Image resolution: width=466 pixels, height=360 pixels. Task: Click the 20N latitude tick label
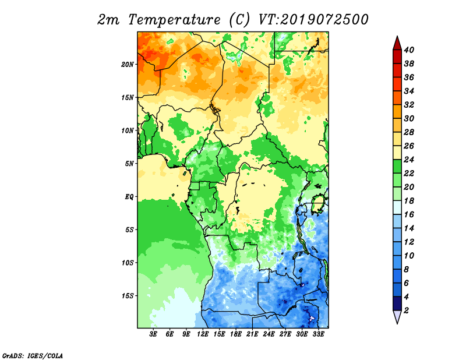pos(128,65)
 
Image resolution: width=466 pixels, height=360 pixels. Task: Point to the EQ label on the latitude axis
pos(129,197)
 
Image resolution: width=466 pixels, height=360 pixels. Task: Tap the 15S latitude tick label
pos(128,296)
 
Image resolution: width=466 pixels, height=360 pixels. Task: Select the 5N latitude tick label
pos(129,164)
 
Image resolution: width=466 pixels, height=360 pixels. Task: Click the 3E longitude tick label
pos(153,334)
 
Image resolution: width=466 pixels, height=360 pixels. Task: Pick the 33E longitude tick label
pos(318,334)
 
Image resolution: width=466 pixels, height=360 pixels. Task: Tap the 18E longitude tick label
pos(236,334)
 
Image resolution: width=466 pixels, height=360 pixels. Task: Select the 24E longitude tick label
pos(269,334)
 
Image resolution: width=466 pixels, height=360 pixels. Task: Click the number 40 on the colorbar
pos(409,50)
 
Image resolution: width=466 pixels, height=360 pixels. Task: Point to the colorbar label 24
pos(409,160)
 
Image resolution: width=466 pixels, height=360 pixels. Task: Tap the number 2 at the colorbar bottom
pos(406,310)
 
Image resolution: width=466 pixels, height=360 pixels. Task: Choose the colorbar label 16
pos(409,214)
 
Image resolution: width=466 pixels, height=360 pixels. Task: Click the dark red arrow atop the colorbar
pos(397,43)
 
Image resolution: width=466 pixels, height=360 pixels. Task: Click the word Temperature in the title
pos(174,20)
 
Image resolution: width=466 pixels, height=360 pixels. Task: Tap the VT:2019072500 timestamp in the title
pos(313,20)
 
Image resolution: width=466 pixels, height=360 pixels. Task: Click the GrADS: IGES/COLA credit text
pos(33,356)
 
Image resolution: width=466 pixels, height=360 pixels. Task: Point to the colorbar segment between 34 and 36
pos(397,84)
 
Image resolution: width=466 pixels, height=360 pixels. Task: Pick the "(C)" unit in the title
pos(239,20)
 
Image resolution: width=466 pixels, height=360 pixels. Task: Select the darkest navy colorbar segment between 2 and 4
pos(397,303)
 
